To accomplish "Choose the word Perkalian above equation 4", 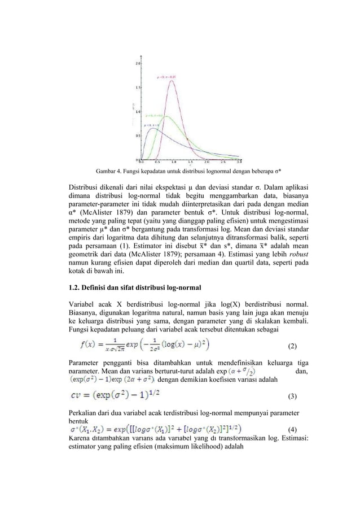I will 85,412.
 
